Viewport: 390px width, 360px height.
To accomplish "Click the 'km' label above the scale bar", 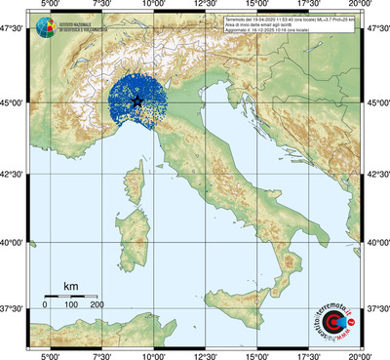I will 70,286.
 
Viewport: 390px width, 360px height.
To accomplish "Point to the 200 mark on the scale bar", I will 97,305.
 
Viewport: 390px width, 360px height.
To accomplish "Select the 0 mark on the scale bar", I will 44,305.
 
